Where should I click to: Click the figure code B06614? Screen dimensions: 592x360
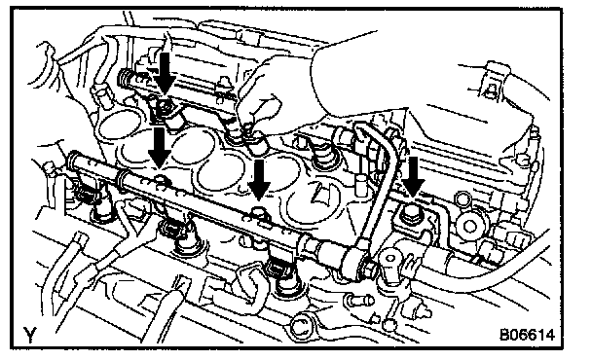coord(527,335)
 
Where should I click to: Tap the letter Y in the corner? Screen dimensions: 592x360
coord(30,335)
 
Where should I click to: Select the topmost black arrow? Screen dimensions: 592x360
coord(165,73)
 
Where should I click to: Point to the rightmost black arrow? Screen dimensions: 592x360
coord(414,177)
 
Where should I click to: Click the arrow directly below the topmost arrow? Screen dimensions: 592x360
coord(160,148)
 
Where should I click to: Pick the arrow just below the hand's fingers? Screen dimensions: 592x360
coord(259,180)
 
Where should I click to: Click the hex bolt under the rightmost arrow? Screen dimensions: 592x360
coord(411,215)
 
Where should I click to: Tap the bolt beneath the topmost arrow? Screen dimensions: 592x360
coord(165,107)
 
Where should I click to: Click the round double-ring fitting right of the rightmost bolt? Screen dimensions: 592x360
coord(469,226)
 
